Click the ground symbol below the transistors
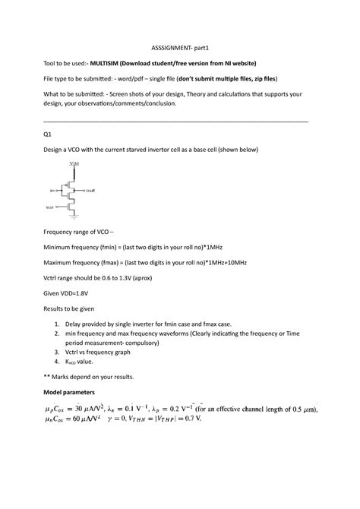[x=74, y=218]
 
